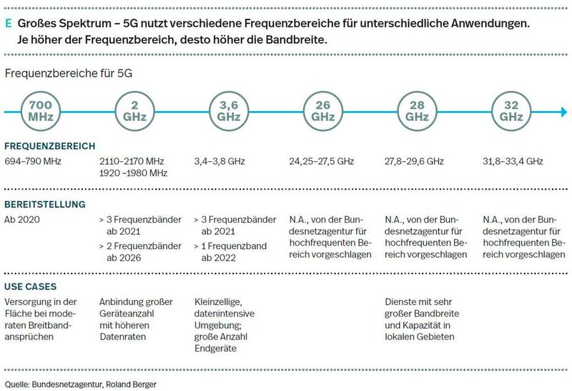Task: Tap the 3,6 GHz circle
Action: coord(229,111)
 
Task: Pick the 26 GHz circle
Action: coord(323,111)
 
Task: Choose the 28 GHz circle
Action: coord(418,111)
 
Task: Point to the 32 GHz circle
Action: coord(512,111)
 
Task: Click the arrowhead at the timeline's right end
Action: coord(563,112)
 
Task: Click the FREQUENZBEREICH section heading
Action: coord(49,146)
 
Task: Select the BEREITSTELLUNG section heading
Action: coord(45,204)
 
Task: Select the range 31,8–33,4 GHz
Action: coord(513,161)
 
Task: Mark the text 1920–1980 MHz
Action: coord(133,173)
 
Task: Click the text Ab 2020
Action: coord(22,218)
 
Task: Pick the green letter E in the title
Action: coord(8,23)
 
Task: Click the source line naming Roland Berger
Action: coord(80,384)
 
